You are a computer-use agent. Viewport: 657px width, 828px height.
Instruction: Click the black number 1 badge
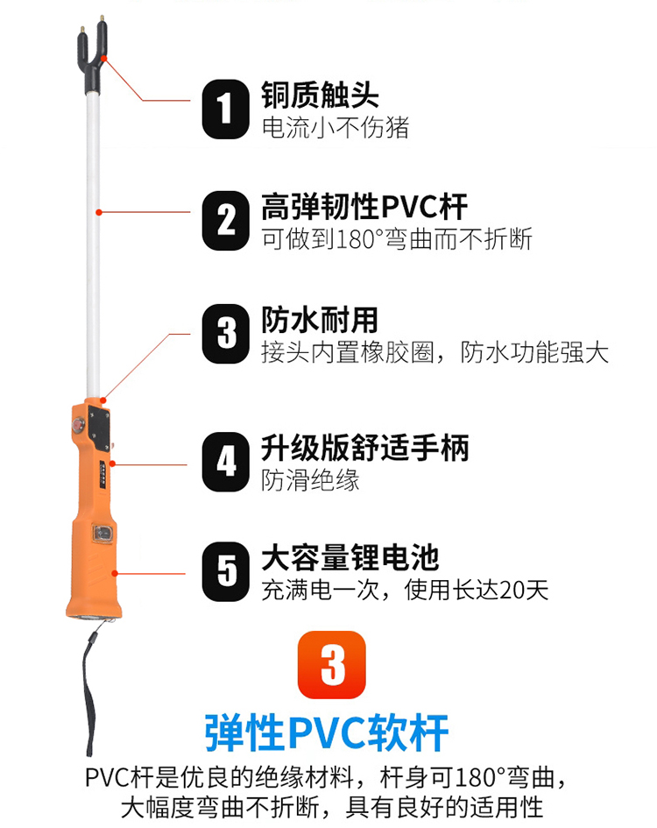click(225, 110)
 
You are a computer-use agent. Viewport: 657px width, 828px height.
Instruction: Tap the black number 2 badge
click(225, 221)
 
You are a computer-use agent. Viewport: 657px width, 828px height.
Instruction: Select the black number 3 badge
click(225, 334)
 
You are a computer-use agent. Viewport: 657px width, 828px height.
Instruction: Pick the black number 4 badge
click(225, 462)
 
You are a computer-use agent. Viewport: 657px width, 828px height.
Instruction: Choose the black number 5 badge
click(225, 571)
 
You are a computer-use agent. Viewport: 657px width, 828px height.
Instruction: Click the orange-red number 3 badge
click(332, 665)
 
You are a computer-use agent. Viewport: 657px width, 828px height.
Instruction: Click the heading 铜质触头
click(320, 95)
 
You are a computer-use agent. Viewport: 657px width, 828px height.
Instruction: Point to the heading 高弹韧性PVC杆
click(364, 207)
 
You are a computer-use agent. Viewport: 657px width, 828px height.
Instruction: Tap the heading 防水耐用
click(320, 320)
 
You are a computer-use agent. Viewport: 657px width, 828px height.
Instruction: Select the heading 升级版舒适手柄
click(365, 448)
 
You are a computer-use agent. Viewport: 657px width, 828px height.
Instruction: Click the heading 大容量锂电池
click(350, 557)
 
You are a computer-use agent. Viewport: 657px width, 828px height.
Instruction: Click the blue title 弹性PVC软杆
click(327, 733)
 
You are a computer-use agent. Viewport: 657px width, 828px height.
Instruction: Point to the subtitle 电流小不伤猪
click(336, 128)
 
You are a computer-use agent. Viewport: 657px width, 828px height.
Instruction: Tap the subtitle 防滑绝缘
click(311, 480)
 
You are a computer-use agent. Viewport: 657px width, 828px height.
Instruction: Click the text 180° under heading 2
click(359, 239)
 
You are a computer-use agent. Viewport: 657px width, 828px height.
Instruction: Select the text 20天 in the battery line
click(523, 590)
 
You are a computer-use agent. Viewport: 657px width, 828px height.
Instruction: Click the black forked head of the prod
click(92, 55)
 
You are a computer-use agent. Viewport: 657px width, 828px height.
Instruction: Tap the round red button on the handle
click(79, 424)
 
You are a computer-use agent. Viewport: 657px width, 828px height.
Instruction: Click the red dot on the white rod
click(98, 212)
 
